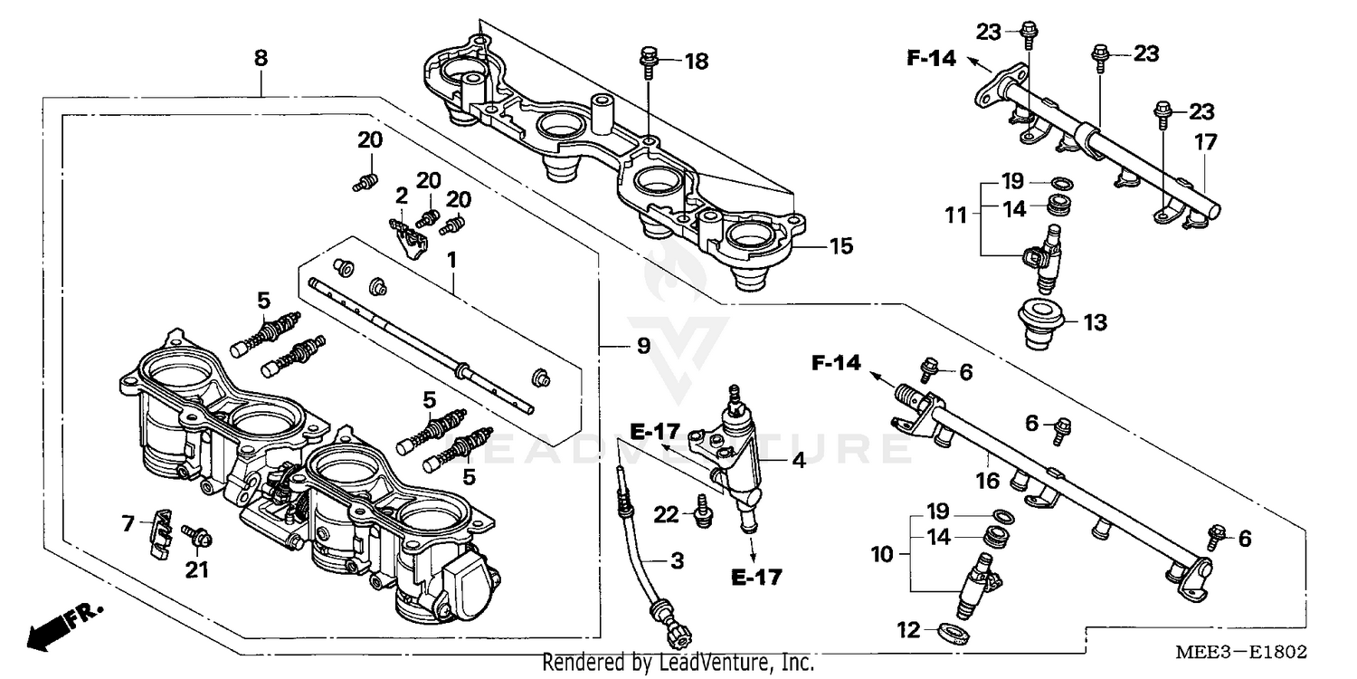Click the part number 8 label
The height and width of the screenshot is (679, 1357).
coord(261,59)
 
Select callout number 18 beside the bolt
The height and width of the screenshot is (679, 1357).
coord(696,62)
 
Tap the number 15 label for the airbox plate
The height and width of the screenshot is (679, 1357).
coord(840,245)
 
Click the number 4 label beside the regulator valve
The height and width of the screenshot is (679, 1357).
coord(798,460)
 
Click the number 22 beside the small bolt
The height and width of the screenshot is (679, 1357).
coord(665,514)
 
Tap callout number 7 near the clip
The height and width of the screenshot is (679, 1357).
coord(128,522)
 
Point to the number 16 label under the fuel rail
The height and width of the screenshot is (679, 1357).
coord(987,479)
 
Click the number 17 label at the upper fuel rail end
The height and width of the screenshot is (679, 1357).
coord(1205,142)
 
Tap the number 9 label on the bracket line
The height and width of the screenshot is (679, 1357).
coord(642,346)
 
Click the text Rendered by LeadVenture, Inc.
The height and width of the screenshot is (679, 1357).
coord(678,663)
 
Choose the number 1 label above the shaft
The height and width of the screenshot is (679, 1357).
coord(451,260)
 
